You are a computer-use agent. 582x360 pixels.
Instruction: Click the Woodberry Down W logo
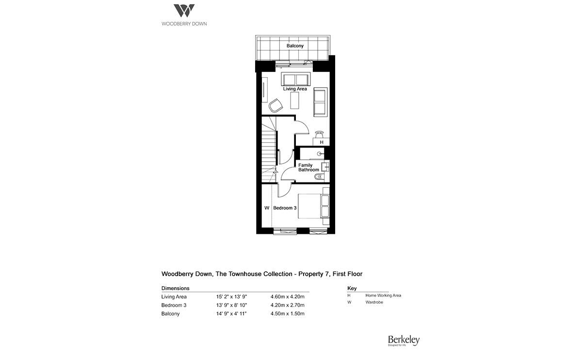[184, 11]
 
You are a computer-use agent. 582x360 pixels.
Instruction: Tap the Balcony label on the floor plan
[295, 46]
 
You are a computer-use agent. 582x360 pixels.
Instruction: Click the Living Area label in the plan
[295, 89]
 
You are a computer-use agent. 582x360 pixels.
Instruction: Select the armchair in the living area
[275, 105]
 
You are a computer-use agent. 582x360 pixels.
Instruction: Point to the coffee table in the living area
[295, 100]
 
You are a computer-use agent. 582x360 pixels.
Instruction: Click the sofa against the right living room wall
[320, 102]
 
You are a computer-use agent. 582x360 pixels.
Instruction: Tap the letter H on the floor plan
[322, 142]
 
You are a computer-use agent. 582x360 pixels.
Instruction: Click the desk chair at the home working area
[319, 133]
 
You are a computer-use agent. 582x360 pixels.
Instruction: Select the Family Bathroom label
[308, 167]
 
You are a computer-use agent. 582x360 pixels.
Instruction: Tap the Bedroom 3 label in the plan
[285, 208]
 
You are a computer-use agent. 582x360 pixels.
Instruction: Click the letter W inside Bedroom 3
[266, 208]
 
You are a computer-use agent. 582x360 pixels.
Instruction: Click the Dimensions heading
[175, 288]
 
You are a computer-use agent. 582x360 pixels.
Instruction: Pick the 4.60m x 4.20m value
[287, 296]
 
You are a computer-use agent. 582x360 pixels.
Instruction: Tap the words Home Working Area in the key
[383, 295]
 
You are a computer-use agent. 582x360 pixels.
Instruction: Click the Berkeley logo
[403, 341]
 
